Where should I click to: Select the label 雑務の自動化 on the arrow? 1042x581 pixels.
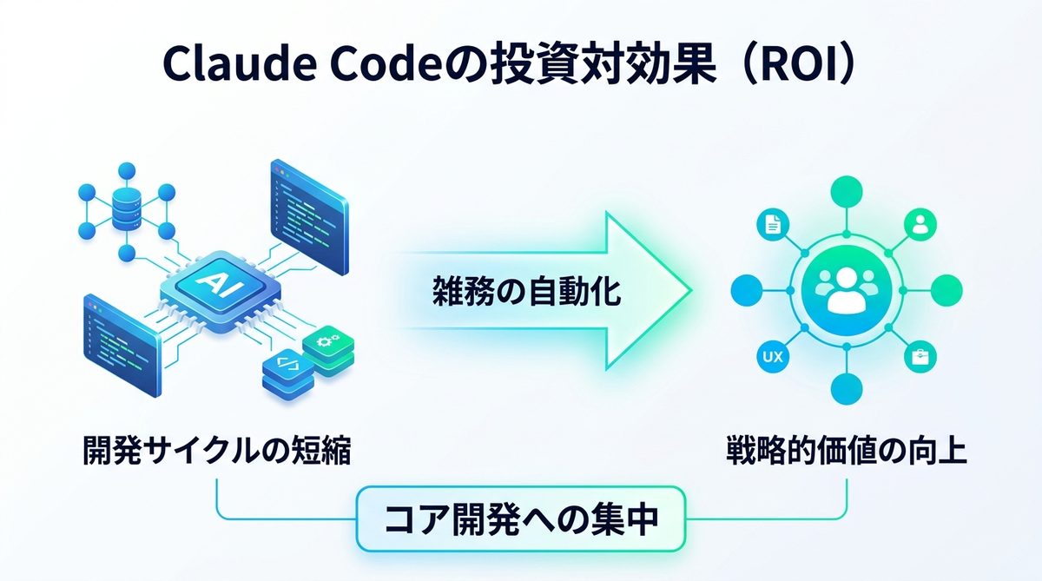(527, 291)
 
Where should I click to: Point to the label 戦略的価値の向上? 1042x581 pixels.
(847, 453)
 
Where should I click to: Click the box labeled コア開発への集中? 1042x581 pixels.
(521, 519)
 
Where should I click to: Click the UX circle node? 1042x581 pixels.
(770, 356)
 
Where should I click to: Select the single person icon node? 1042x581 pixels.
(920, 224)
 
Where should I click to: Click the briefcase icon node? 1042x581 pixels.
(920, 356)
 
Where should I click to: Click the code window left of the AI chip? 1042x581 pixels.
(122, 345)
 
